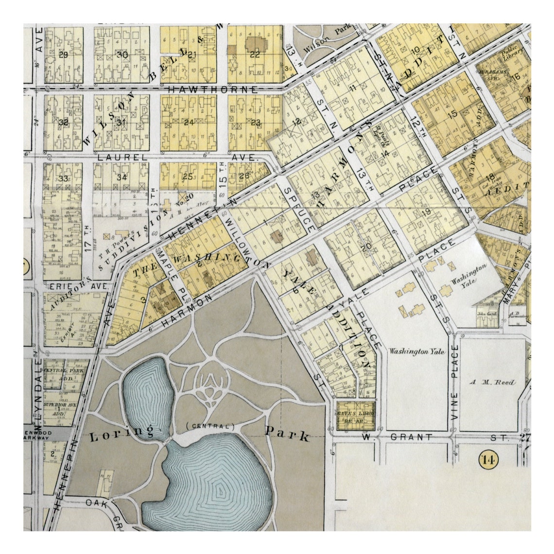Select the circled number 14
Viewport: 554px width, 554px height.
pos(487,458)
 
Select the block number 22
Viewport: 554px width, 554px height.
pos(255,54)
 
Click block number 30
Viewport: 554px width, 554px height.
pos(122,54)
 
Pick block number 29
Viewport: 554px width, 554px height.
pos(63,54)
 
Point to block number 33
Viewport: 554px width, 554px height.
pos(63,178)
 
